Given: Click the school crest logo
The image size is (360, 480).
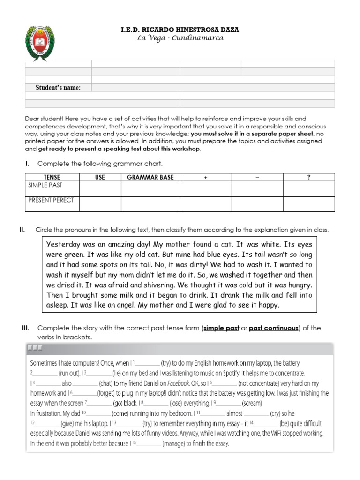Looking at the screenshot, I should coord(43,45).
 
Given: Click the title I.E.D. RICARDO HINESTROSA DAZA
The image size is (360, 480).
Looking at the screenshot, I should coord(180,30).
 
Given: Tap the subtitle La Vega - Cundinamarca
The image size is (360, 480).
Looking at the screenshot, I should coord(180,38).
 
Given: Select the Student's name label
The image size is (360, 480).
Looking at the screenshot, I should coord(58,88).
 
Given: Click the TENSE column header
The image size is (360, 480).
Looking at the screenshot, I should coord(52,177).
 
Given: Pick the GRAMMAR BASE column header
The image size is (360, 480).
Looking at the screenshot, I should coord(150,177).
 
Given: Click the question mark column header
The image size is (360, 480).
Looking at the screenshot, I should coord(308,177).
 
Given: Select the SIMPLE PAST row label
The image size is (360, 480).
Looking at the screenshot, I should coord(45,185).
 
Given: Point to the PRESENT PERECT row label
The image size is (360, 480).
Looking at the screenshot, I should coord(51,200).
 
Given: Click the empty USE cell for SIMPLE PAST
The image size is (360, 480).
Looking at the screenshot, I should coord(100,189).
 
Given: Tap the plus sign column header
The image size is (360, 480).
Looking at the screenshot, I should coord(206,177).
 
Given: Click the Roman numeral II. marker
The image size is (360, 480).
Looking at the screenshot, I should coord(22,230).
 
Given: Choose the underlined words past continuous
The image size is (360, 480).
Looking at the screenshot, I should coord(273,328).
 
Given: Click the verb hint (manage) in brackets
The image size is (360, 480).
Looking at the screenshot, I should coord(176,443).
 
